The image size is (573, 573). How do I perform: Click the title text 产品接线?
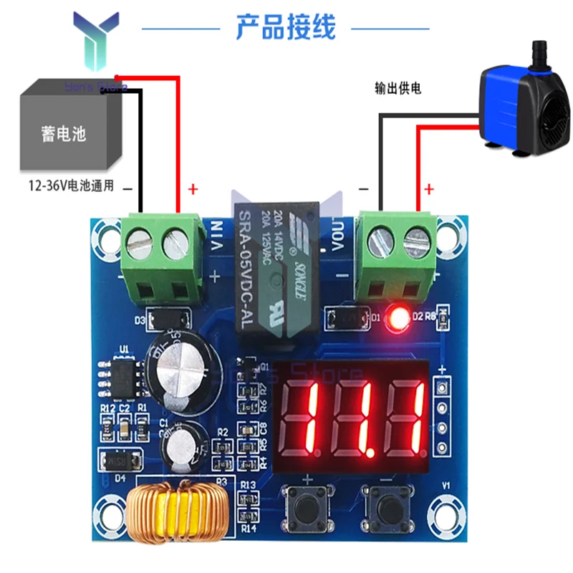coord(285,29)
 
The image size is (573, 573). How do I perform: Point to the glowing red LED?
coord(398,317)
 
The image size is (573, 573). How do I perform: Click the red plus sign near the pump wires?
coord(429,189)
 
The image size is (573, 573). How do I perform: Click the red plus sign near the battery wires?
coord(192,189)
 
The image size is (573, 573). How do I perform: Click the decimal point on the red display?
coord(371,452)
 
